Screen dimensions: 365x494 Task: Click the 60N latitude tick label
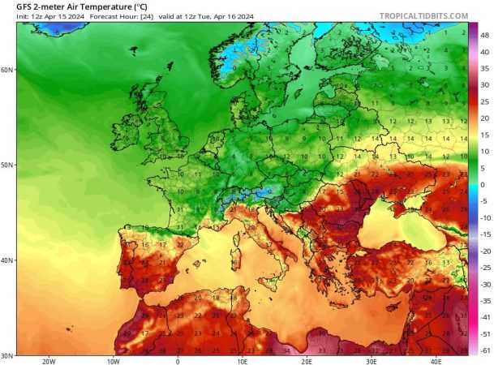[6, 70]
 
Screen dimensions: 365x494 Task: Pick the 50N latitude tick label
[6, 165]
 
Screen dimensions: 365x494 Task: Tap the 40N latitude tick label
[6, 260]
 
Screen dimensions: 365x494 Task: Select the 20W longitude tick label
[49, 361]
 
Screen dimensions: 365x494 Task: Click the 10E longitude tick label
[243, 361]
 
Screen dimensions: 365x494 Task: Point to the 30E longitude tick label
[372, 361]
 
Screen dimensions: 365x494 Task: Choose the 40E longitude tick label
[436, 361]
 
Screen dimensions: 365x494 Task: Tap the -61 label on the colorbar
[485, 350]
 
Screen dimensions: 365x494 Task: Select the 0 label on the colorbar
[483, 184]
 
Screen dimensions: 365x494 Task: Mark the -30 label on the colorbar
[485, 284]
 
